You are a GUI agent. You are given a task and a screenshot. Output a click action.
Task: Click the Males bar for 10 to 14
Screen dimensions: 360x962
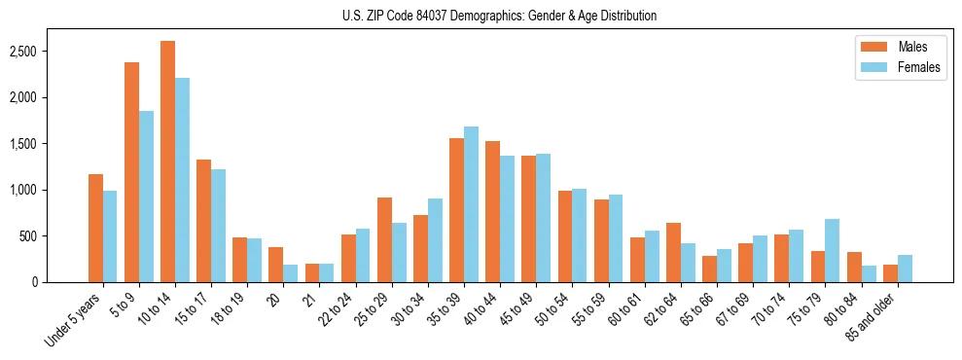tap(167, 162)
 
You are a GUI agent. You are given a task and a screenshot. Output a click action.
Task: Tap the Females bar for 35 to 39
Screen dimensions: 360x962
tap(471, 204)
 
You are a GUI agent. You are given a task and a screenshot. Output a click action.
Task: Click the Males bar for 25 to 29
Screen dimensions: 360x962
tap(384, 239)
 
